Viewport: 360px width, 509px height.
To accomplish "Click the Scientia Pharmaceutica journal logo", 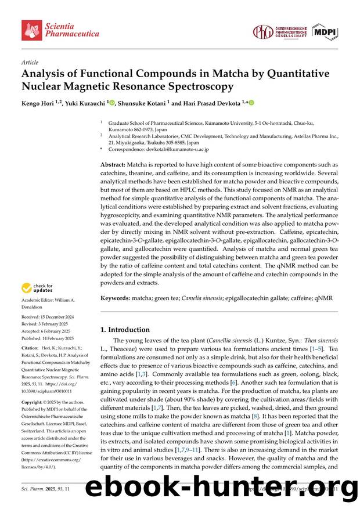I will click(x=60, y=30).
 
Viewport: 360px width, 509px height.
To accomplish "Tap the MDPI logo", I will click(x=325, y=32).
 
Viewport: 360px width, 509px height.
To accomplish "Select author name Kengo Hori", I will click(x=39, y=103).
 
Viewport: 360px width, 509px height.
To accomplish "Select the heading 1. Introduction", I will click(x=125, y=329).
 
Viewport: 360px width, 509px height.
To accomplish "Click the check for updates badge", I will click(x=37, y=288).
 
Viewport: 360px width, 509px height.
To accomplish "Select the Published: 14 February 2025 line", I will click(x=48, y=338).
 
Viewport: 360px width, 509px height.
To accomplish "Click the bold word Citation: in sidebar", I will click(x=30, y=349).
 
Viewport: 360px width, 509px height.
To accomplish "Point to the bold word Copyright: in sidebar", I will click(x=33, y=402).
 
